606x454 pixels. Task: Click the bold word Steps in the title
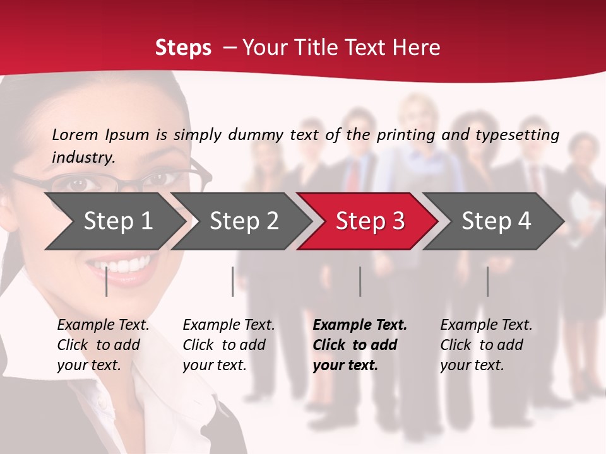tap(183, 48)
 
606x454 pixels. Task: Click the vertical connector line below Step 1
tap(107, 281)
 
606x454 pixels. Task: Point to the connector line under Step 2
tap(233, 281)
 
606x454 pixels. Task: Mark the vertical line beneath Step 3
tap(360, 281)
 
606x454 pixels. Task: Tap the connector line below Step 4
tap(487, 281)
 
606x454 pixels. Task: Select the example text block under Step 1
tap(103, 344)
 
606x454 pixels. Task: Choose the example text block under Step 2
tap(229, 344)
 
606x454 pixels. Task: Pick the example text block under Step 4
tap(486, 344)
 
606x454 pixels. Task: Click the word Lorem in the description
tap(75, 135)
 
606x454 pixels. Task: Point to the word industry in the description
tap(83, 158)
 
